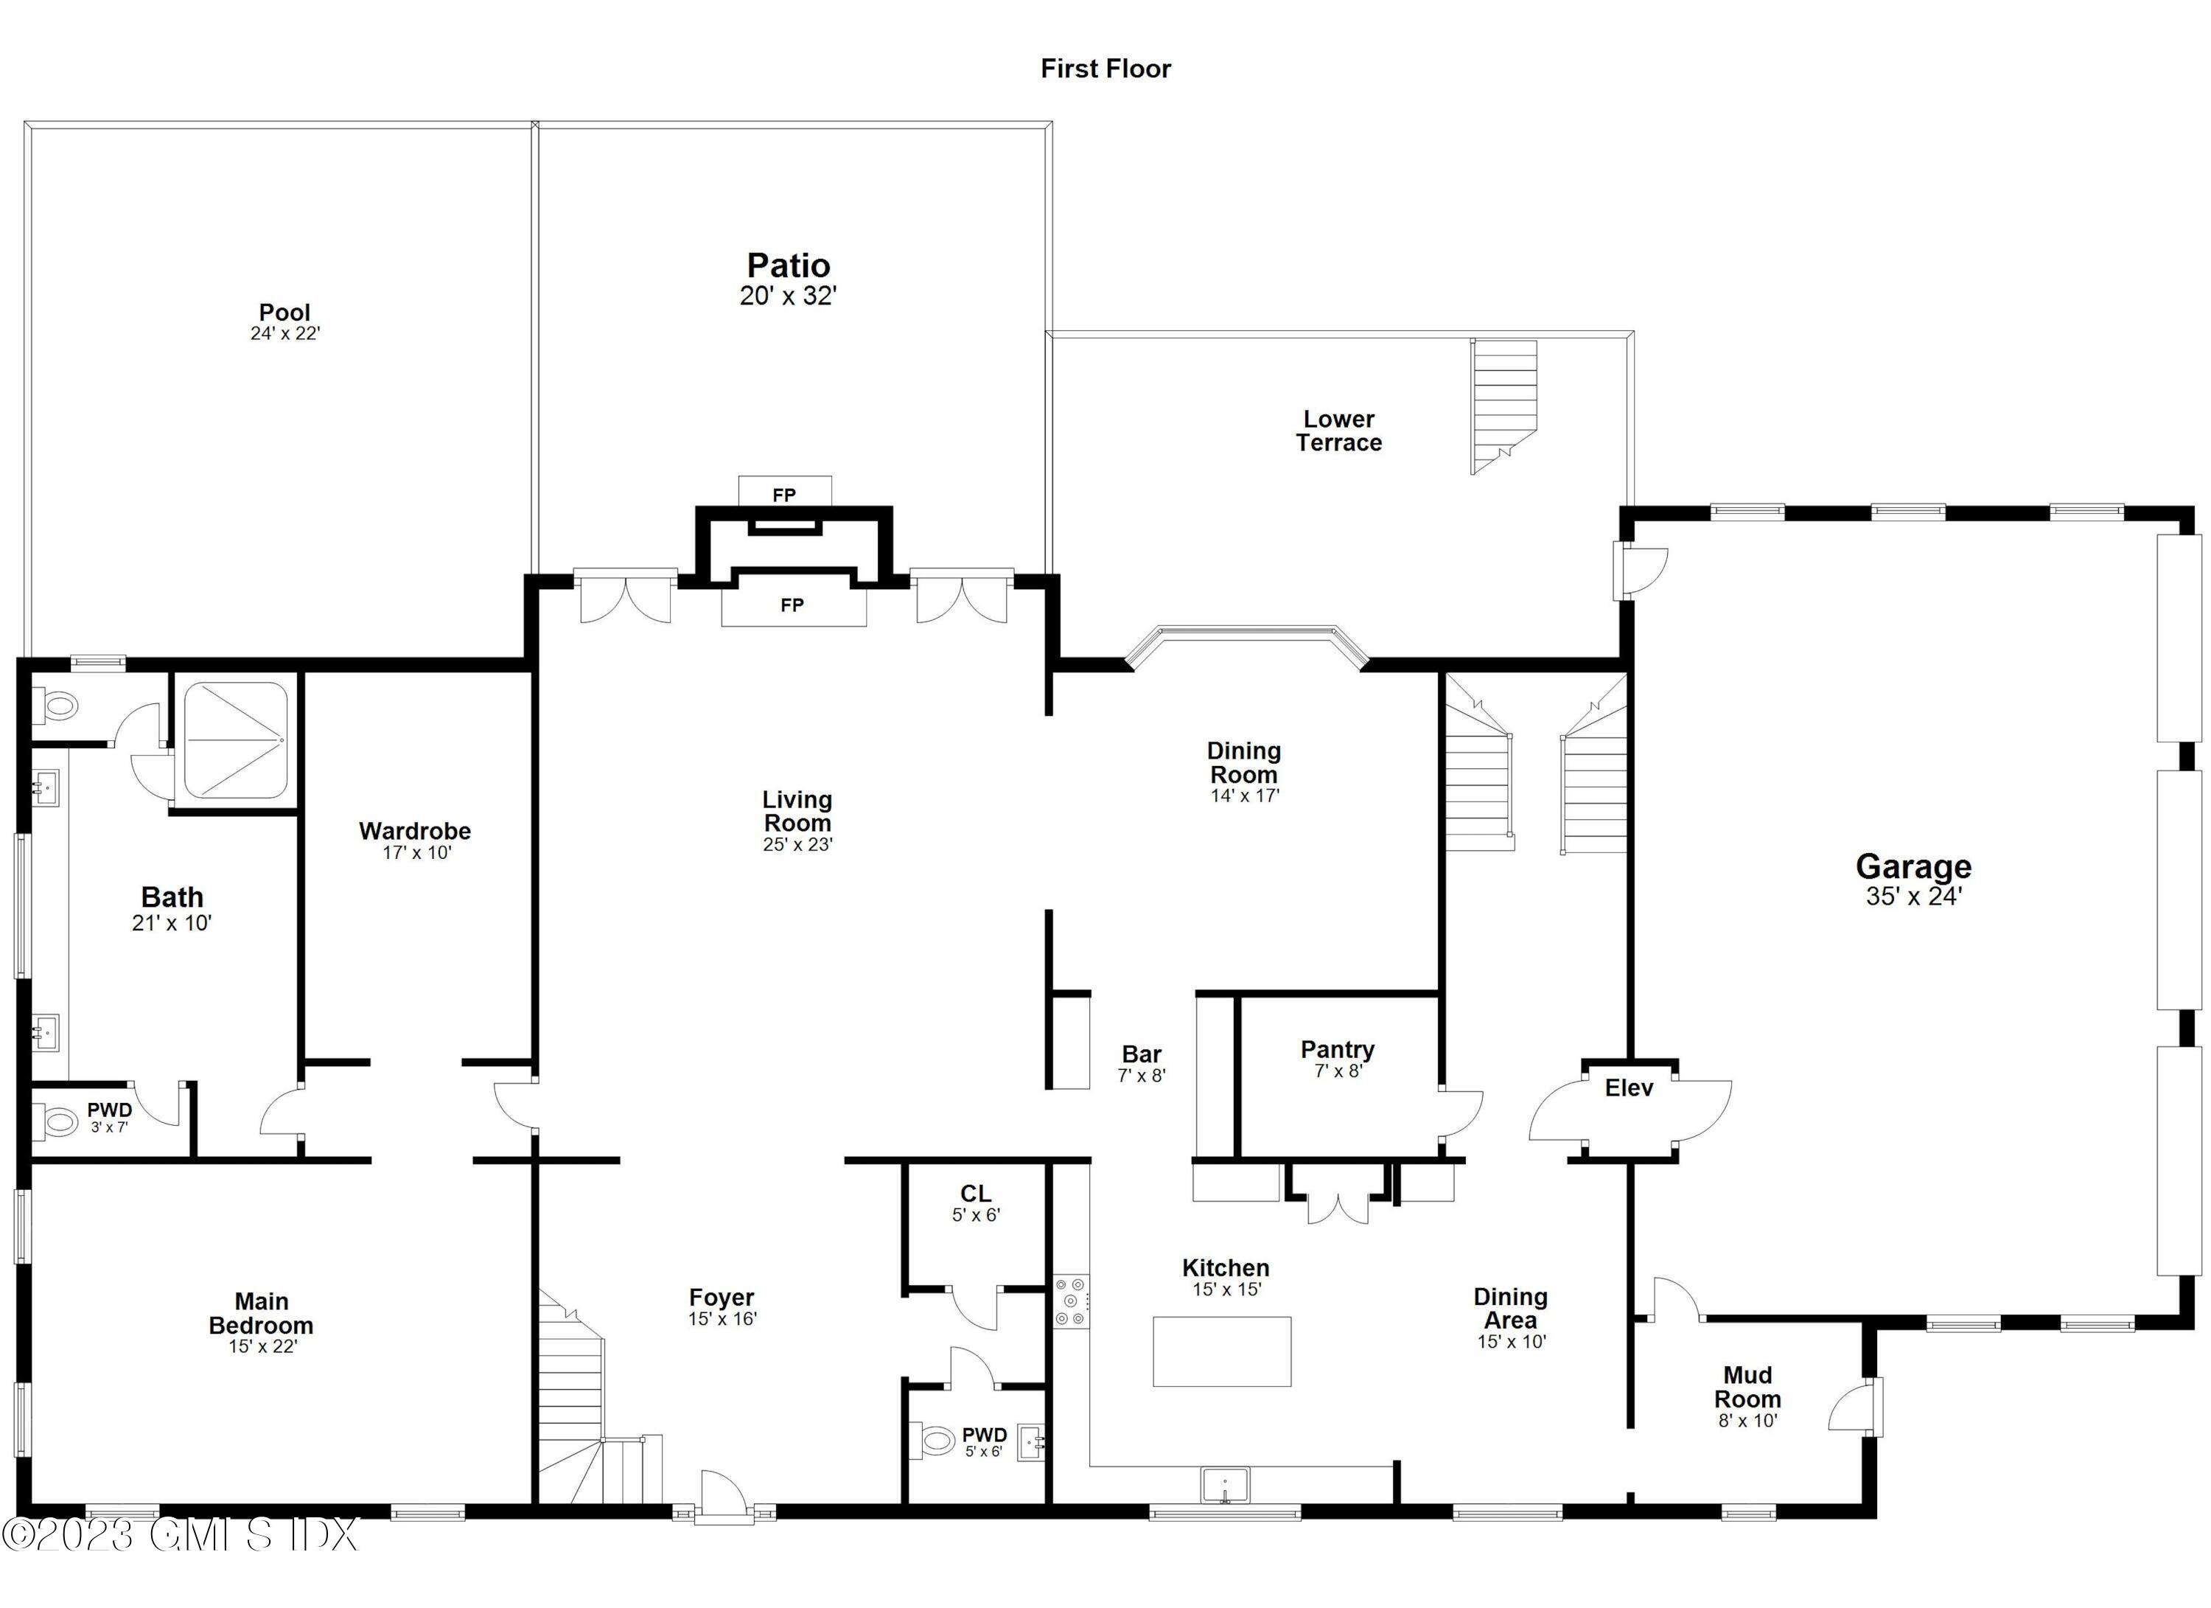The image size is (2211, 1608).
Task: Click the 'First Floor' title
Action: (1105, 69)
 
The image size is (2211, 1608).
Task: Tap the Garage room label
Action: (1913, 866)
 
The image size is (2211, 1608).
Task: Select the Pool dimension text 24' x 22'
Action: (284, 333)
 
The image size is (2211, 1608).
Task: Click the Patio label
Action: (788, 265)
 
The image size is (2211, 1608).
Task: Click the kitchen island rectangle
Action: (1221, 1351)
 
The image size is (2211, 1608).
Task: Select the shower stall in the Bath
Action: (235, 741)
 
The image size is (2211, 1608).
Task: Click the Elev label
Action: (1628, 1087)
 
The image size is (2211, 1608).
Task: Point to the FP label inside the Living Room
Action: (792, 605)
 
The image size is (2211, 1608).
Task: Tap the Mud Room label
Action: (1747, 1387)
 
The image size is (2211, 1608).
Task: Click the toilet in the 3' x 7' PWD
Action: (58, 1122)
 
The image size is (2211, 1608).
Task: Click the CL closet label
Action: (975, 1194)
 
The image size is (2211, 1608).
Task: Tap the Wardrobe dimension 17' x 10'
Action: (416, 853)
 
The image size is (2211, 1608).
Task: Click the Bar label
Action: (1141, 1054)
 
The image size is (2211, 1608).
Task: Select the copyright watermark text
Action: (181, 1535)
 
